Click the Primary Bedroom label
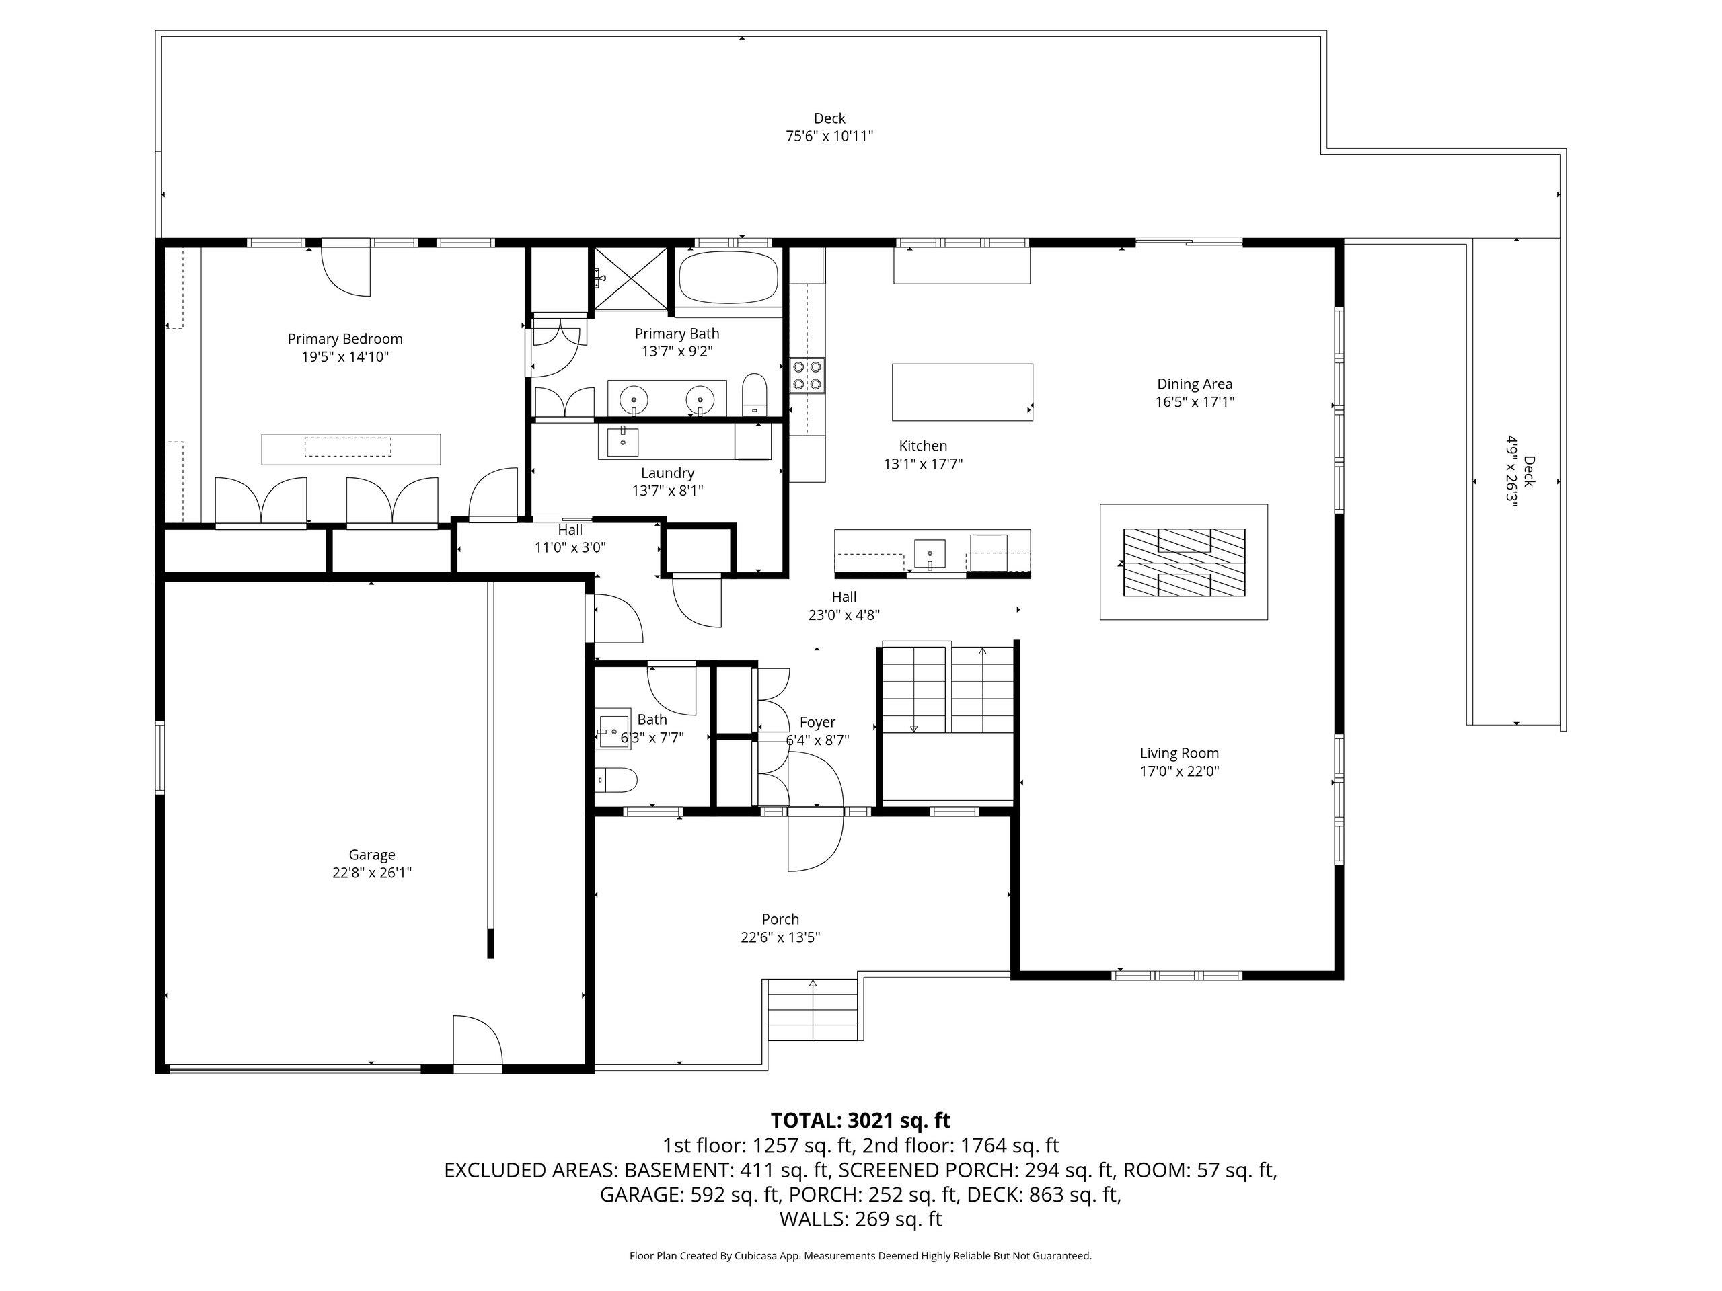coord(345,340)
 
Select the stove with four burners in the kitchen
coord(807,376)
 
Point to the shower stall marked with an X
coord(630,278)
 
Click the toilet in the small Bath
coord(617,779)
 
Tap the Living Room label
coord(1179,753)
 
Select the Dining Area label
coord(1195,385)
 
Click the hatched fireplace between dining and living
coord(1184,563)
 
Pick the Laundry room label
coord(667,473)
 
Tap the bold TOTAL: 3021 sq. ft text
coord(860,1121)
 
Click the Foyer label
coord(817,723)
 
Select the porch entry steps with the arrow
coord(813,1010)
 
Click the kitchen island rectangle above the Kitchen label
coord(962,392)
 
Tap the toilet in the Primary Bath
coord(754,395)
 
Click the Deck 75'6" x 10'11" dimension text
coord(829,137)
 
